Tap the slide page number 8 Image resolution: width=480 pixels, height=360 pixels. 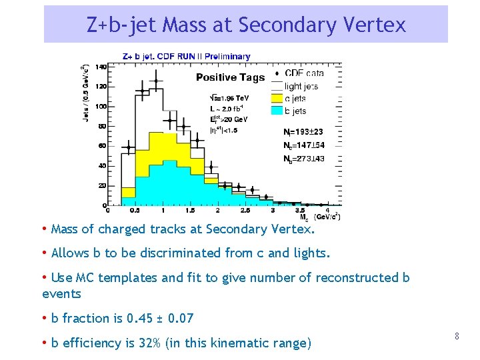(457, 337)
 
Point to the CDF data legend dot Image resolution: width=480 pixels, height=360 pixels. (276, 73)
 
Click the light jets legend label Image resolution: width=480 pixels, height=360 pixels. (301, 86)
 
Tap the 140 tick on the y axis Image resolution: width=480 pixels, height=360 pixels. (101, 67)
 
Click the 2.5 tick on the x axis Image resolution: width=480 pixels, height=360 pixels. (245, 211)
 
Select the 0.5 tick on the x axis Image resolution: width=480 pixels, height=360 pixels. (135, 211)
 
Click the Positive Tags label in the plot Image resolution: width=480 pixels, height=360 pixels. (230, 78)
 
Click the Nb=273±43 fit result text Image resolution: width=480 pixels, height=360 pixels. (303, 158)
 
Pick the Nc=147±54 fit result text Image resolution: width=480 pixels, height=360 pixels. (303, 145)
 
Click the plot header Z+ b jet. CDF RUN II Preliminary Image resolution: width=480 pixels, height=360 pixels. (187, 57)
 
